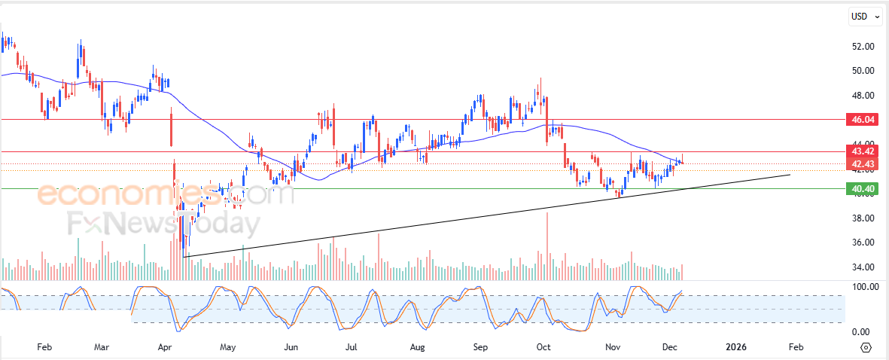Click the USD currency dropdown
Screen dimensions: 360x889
(865, 16)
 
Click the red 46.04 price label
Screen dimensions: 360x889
(860, 120)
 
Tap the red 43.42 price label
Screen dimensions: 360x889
(860, 151)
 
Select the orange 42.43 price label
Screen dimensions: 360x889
(860, 164)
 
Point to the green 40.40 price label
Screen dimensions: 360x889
(860, 189)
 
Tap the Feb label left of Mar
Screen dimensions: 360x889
(44, 347)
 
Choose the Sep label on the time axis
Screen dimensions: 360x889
(481, 347)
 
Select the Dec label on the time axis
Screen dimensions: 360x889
(668, 347)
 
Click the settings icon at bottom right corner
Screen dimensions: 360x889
(866, 347)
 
